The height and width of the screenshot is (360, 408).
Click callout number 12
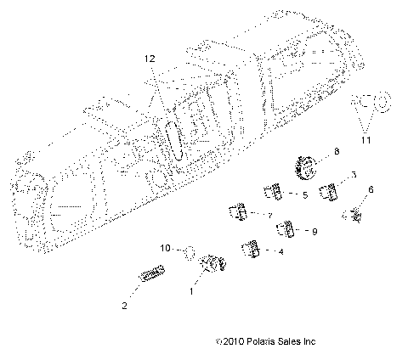pyautogui.click(x=150, y=59)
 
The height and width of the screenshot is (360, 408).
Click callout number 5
pyautogui.click(x=303, y=195)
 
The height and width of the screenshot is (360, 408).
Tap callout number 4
pyautogui.click(x=281, y=252)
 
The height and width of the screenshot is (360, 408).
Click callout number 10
pyautogui.click(x=167, y=248)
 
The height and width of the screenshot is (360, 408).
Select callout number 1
pyautogui.click(x=191, y=291)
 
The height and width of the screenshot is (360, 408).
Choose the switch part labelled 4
pyautogui.click(x=251, y=249)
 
